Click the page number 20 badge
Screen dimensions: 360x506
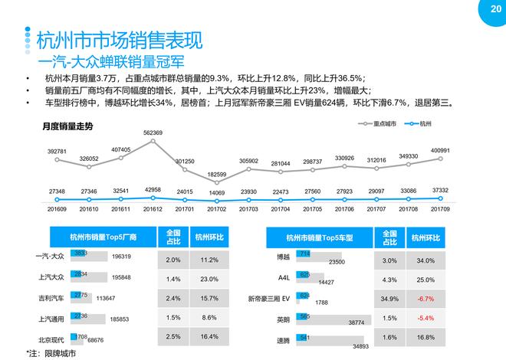click(484, 10)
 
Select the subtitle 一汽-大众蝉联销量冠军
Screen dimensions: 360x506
click(111, 61)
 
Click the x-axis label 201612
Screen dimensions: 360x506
click(152, 208)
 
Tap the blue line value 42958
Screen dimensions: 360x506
click(152, 189)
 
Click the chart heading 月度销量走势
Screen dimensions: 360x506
click(67, 126)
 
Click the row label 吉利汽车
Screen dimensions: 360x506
click(51, 297)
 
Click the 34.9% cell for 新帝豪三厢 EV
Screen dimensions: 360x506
click(389, 297)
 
